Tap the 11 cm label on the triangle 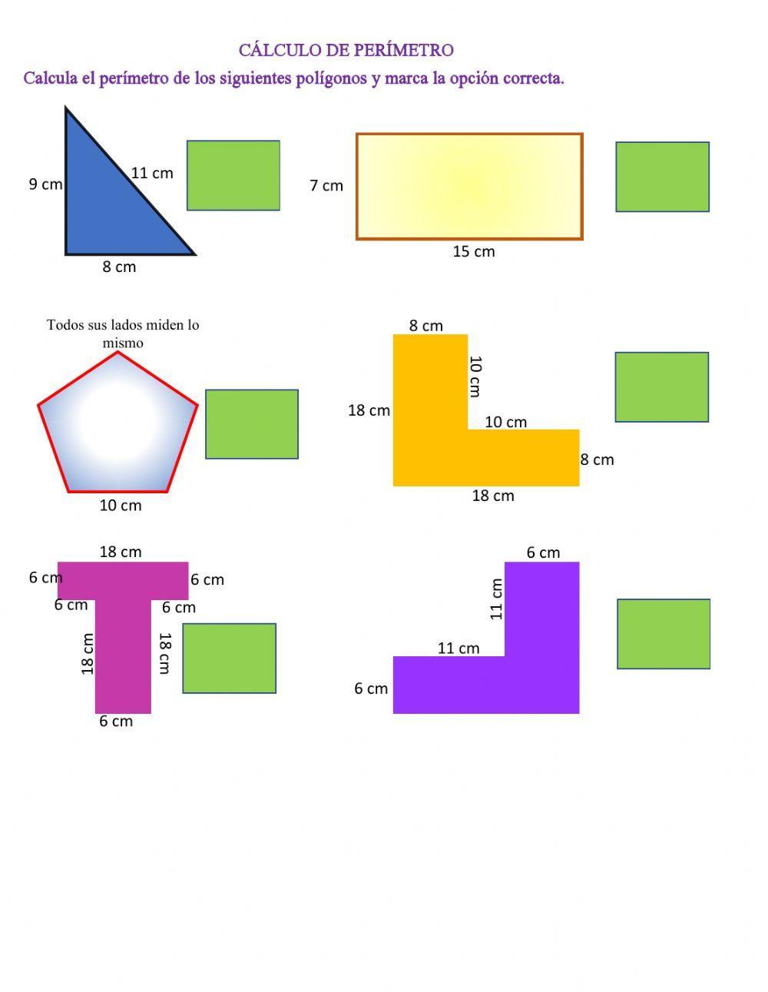coord(152,174)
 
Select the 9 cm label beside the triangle coord(45,184)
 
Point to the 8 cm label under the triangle coord(119,267)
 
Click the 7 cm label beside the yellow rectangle coord(326,185)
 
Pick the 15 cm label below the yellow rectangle coord(473,251)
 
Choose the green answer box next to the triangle coord(233,175)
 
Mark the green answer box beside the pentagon coord(252,423)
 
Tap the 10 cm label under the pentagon coord(121,505)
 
